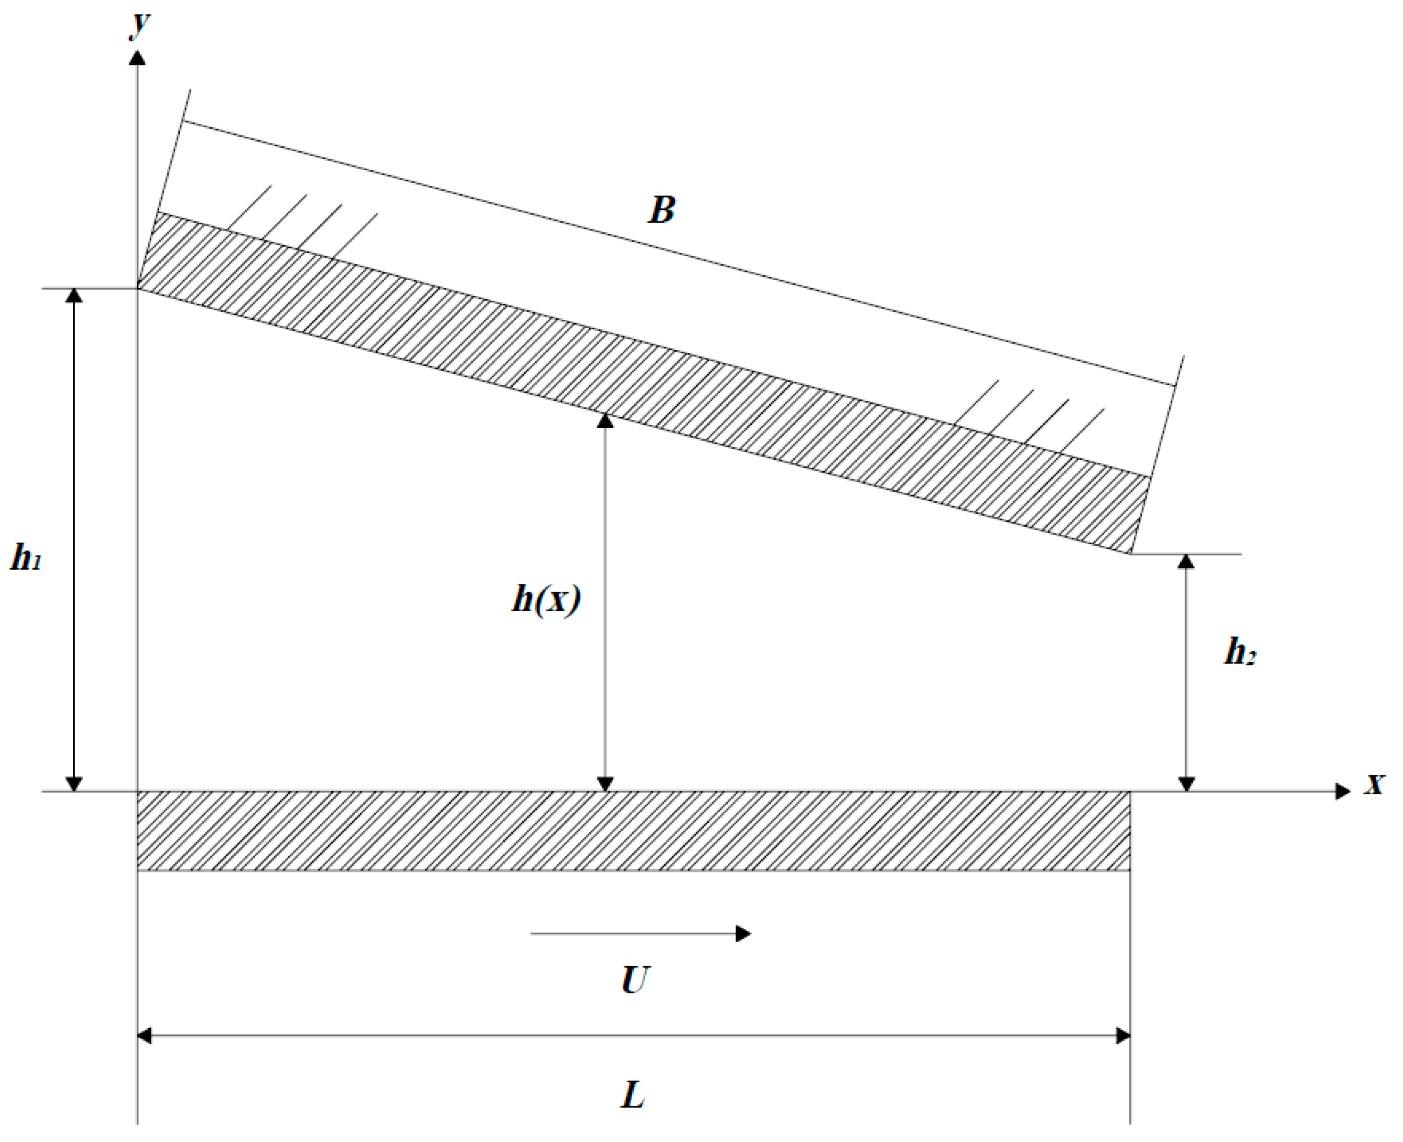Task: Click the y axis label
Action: tap(140, 25)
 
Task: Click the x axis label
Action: tap(1375, 784)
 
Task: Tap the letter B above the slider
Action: tap(662, 210)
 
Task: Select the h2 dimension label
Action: tap(1240, 652)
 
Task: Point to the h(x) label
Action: tap(546, 600)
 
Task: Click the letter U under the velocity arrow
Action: tap(635, 980)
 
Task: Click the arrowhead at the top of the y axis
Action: tap(137, 58)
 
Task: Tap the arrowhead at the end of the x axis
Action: tap(1343, 791)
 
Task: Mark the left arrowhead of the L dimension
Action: tap(144, 1036)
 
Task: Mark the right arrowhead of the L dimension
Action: tap(1123, 1036)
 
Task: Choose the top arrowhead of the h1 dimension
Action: tap(74, 295)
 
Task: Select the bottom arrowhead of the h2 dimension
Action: tap(1186, 784)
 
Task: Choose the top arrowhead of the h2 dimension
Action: tap(1186, 561)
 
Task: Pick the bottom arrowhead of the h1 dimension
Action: tap(74, 784)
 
